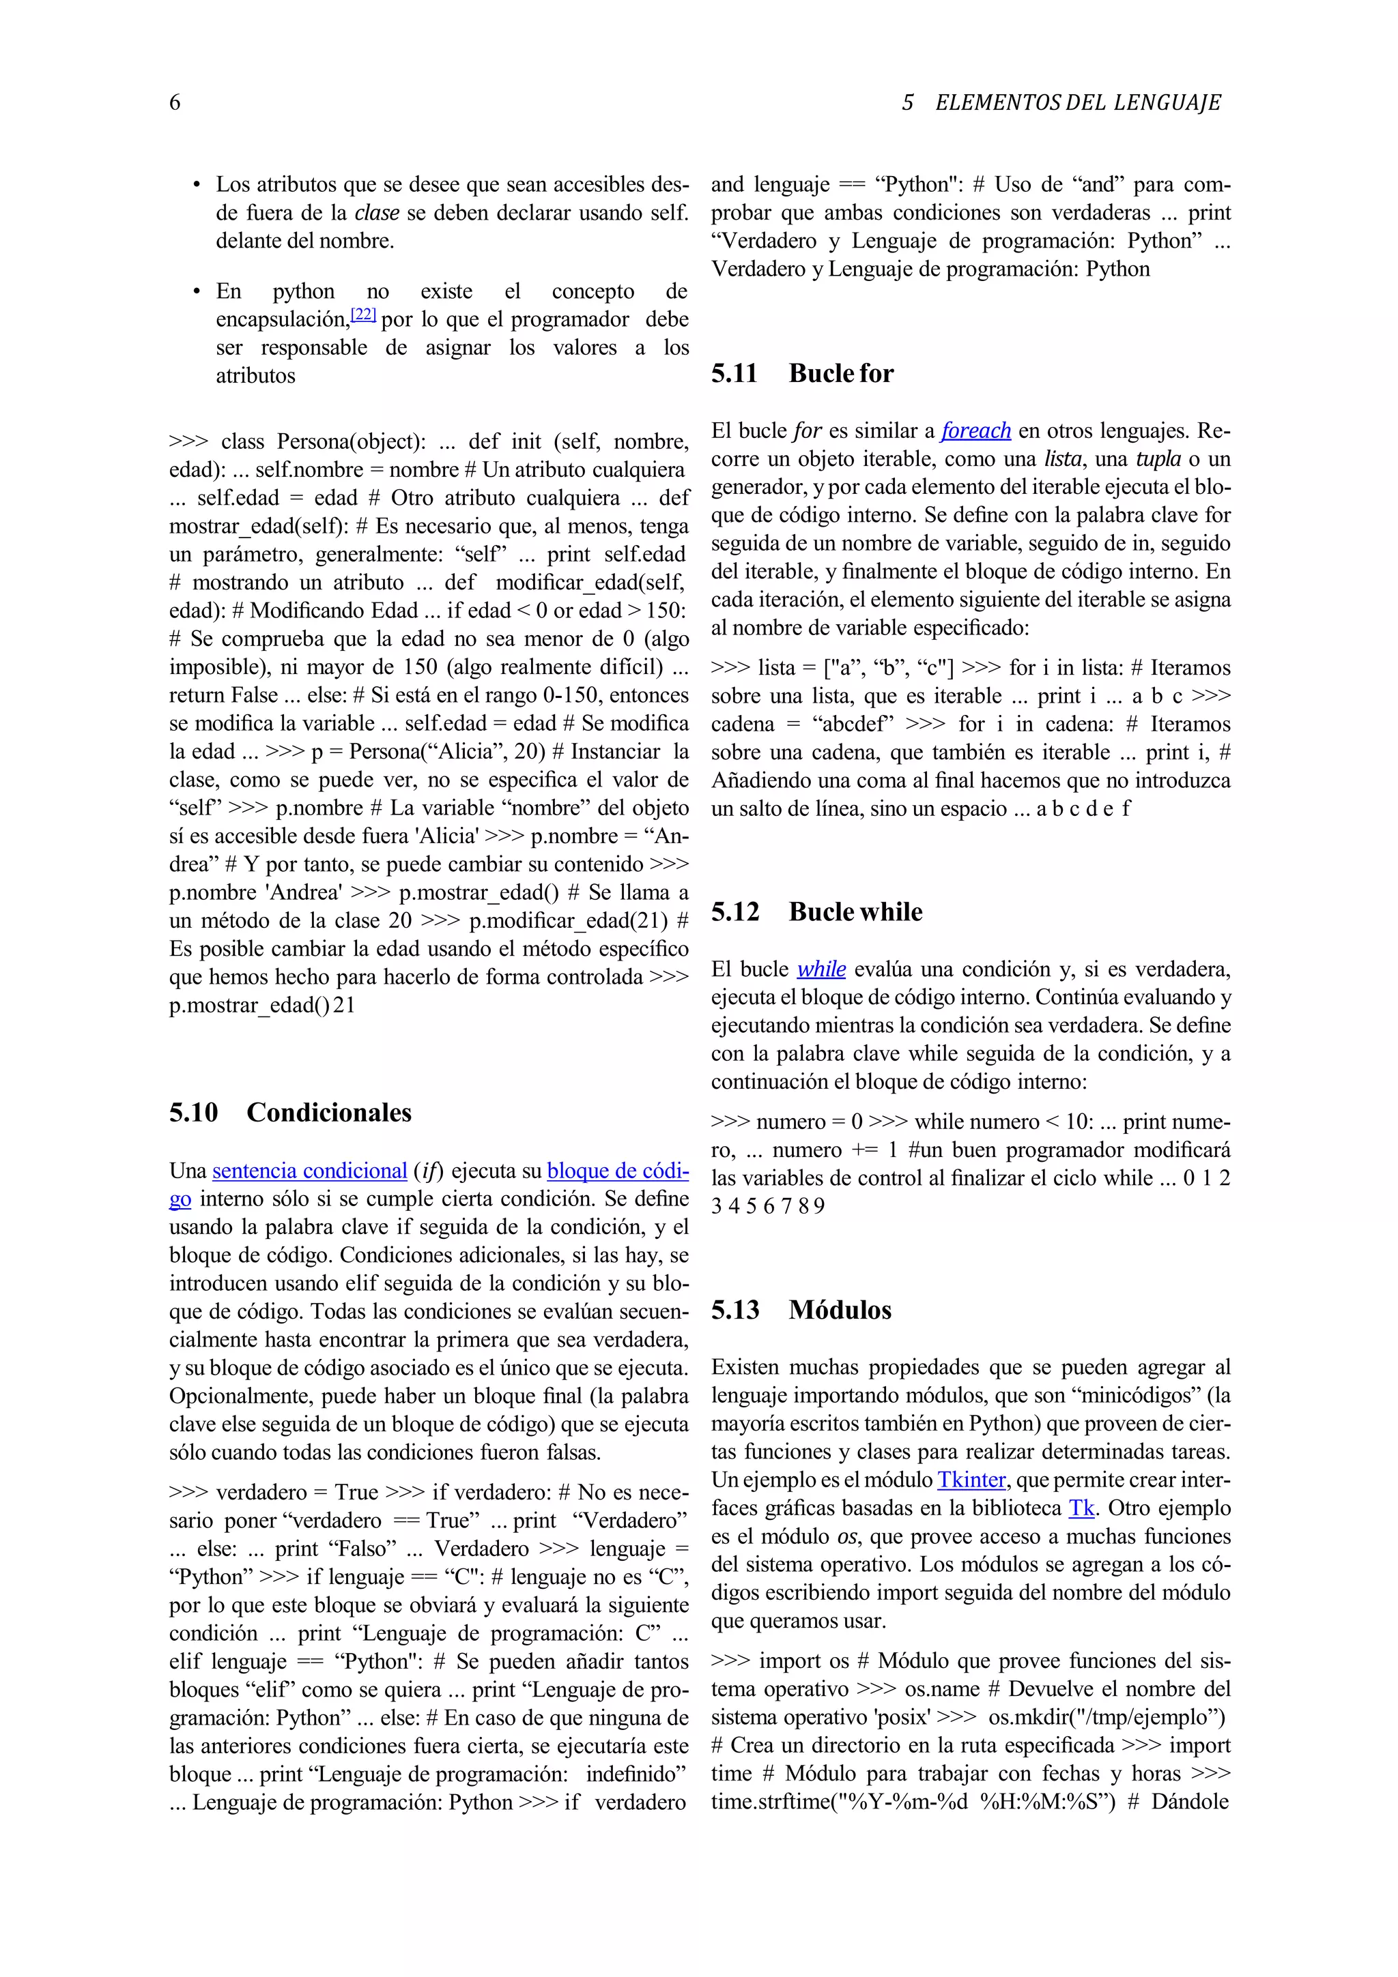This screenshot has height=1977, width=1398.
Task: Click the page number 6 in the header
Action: [175, 102]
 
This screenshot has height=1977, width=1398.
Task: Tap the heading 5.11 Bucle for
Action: [802, 373]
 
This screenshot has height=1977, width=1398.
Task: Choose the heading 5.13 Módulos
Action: [801, 1310]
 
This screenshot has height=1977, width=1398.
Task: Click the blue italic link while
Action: [821, 969]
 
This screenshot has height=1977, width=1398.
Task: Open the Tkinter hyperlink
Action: [971, 1480]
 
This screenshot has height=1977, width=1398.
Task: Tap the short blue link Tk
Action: [1081, 1508]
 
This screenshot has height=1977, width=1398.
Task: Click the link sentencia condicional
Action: [309, 1171]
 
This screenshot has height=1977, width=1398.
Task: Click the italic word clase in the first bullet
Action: [376, 213]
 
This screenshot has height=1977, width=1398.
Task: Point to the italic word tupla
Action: [1157, 459]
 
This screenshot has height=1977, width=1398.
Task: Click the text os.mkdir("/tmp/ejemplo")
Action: [1106, 1717]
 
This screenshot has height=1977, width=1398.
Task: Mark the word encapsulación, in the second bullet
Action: [283, 319]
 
